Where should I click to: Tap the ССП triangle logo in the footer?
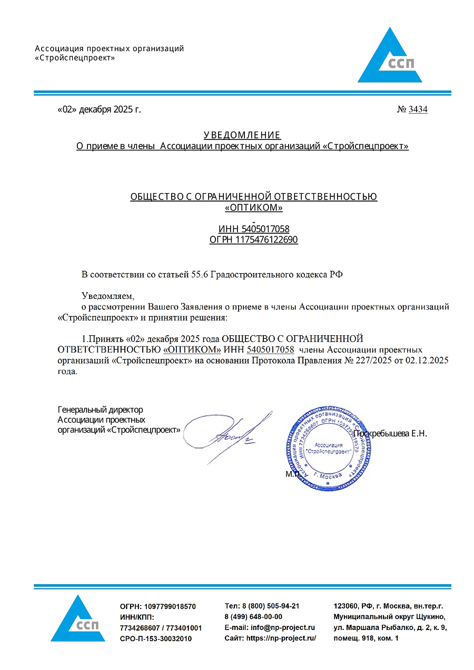(78, 621)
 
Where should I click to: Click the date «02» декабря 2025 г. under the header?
(99, 109)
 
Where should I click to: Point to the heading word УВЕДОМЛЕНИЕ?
(242, 135)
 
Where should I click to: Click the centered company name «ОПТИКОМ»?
(254, 208)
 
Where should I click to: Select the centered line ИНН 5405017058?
(254, 229)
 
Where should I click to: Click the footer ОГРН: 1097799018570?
(158, 606)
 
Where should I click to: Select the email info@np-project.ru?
(283, 627)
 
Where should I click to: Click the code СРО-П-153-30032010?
(156, 638)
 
